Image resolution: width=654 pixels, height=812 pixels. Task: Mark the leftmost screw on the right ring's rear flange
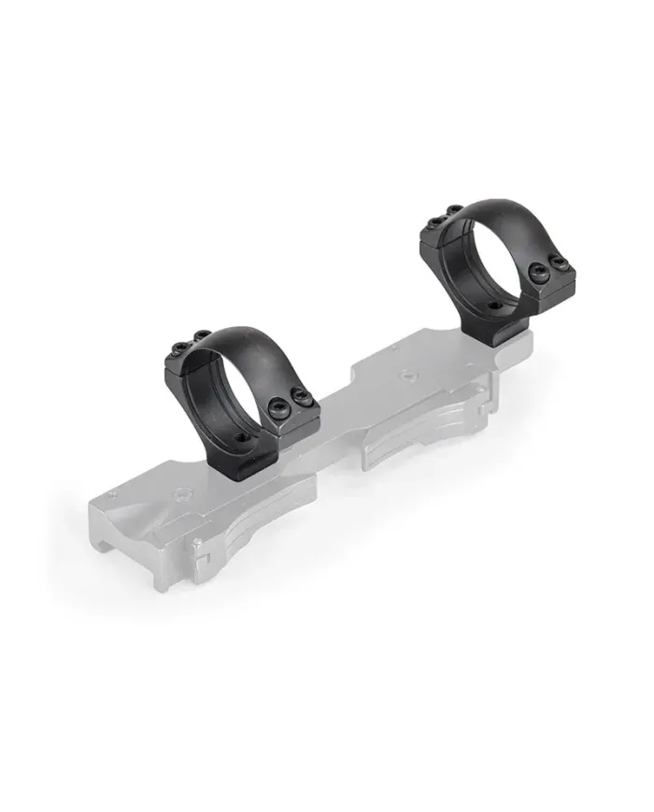[x=436, y=221]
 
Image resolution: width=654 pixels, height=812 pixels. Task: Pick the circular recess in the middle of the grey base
[x=405, y=376]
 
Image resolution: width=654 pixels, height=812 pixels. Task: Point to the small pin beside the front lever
[x=197, y=543]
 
